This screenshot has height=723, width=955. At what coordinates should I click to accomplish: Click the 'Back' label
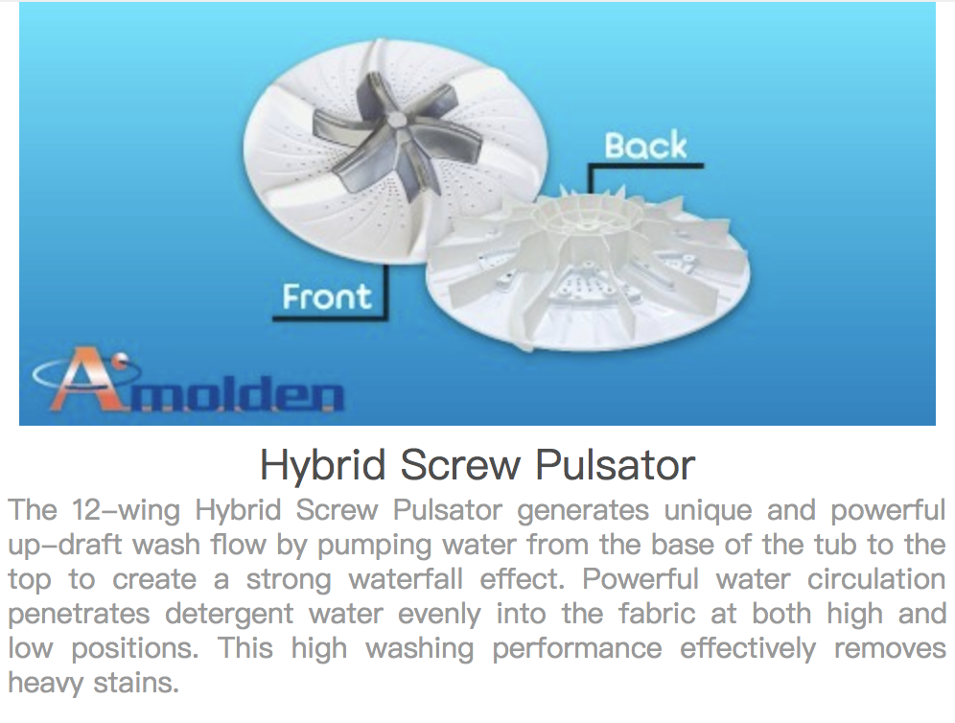(645, 147)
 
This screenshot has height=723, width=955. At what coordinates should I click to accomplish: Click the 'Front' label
(327, 296)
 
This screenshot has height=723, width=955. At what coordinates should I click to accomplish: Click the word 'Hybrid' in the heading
(323, 466)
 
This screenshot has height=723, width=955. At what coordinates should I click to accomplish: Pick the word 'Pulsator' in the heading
(616, 465)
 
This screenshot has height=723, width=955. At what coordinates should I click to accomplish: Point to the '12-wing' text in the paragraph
(126, 511)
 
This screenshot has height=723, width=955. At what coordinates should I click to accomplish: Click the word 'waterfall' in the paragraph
(406, 579)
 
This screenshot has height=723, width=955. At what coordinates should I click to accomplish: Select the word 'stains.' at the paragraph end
(136, 683)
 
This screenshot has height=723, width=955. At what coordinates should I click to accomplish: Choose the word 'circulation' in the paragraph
(876, 579)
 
